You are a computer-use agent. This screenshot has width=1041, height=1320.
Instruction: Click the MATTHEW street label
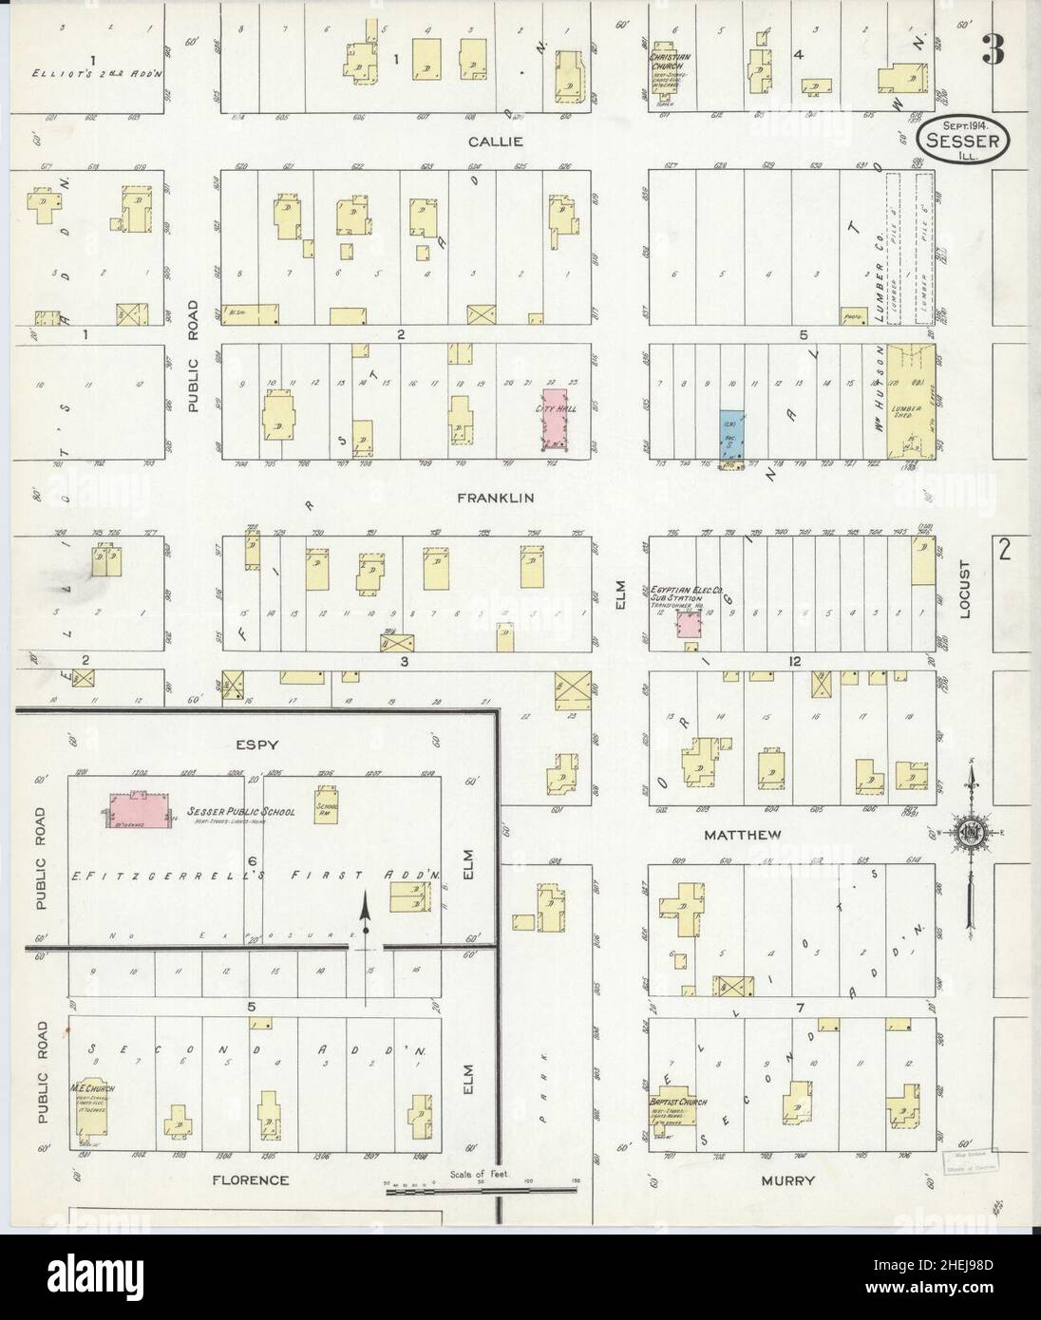pyautogui.click(x=743, y=835)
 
